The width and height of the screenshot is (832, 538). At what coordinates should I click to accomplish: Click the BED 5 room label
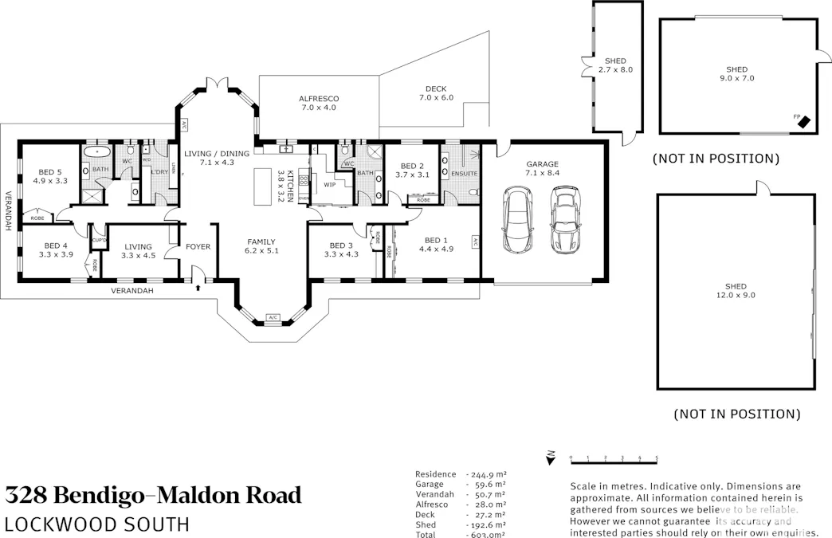(49, 176)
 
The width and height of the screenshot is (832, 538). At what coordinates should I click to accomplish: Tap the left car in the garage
(517, 219)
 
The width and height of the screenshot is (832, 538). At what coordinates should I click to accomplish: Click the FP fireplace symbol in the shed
(804, 122)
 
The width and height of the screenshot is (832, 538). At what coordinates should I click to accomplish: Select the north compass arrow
(550, 457)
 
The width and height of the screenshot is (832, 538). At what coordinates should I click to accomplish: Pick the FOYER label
(198, 247)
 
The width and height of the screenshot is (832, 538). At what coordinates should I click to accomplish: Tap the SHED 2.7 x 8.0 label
(615, 65)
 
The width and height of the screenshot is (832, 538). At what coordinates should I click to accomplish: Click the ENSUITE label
(464, 173)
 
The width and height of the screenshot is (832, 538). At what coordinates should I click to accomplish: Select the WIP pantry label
(328, 184)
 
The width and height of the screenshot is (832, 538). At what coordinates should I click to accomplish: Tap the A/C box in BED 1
(474, 242)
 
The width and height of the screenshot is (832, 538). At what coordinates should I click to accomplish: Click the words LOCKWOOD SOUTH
(96, 524)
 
